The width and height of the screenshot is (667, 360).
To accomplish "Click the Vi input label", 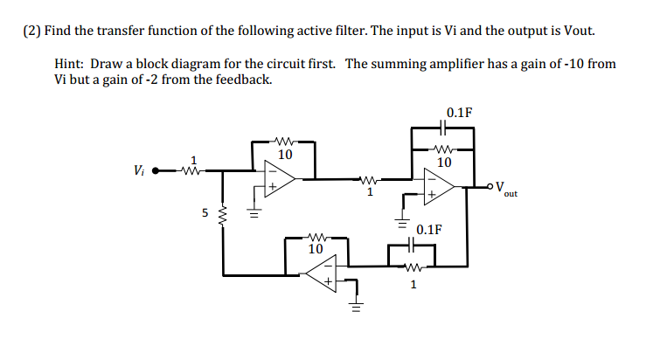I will pos(138,170).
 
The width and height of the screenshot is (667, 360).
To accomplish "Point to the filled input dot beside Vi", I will pos(156,170).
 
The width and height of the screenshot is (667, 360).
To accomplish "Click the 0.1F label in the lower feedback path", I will pos(428,231).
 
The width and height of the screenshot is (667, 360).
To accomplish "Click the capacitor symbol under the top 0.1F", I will pos(444,128).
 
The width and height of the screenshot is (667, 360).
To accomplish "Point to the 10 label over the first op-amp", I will pos(284,155).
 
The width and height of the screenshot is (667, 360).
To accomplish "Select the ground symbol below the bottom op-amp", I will pos(356,307).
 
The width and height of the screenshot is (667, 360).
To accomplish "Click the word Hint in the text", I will pos(70,64).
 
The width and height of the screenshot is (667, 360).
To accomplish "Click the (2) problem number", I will pos(32,31).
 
